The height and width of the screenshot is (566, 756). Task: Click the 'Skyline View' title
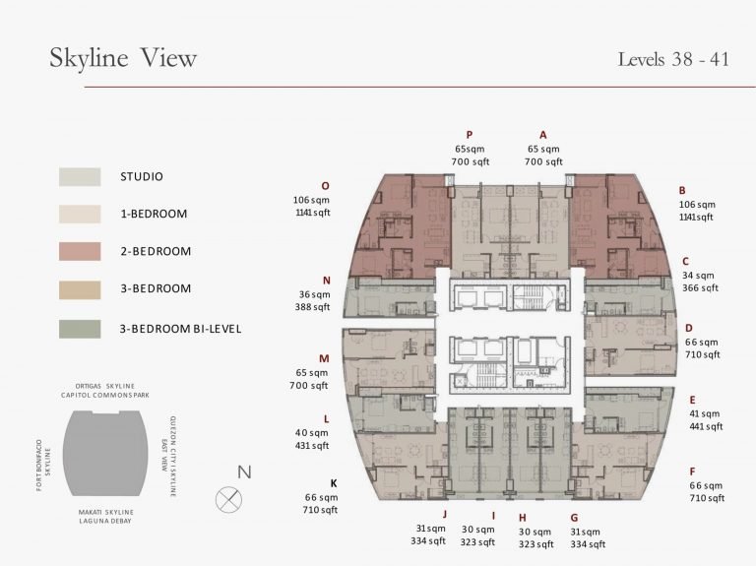click(x=123, y=58)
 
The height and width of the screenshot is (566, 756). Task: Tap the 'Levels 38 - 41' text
click(x=673, y=59)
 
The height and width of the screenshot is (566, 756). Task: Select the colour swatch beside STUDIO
click(x=80, y=177)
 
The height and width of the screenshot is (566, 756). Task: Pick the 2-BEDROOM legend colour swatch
click(x=80, y=252)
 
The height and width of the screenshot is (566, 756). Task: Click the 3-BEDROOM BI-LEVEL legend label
click(x=180, y=329)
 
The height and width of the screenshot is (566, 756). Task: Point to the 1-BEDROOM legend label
click(x=154, y=214)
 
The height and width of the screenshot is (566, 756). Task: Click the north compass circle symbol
click(x=228, y=499)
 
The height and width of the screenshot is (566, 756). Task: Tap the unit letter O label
click(x=326, y=186)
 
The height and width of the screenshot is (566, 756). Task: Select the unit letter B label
click(x=682, y=190)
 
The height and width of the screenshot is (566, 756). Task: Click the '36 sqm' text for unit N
click(x=314, y=294)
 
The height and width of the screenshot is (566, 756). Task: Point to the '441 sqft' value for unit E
click(x=706, y=426)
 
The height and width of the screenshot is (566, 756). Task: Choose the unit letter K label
click(x=334, y=483)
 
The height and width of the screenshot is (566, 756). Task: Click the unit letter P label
click(x=470, y=135)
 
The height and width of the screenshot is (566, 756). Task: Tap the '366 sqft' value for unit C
click(x=700, y=287)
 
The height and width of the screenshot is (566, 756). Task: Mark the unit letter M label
click(x=324, y=358)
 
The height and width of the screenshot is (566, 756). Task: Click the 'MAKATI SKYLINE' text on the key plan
click(x=106, y=512)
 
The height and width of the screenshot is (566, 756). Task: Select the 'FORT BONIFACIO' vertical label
click(x=39, y=466)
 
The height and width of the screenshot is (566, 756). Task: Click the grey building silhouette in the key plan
click(x=105, y=454)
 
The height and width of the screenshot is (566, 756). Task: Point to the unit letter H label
click(x=523, y=519)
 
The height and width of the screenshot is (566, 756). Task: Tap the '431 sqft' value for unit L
click(x=312, y=446)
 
